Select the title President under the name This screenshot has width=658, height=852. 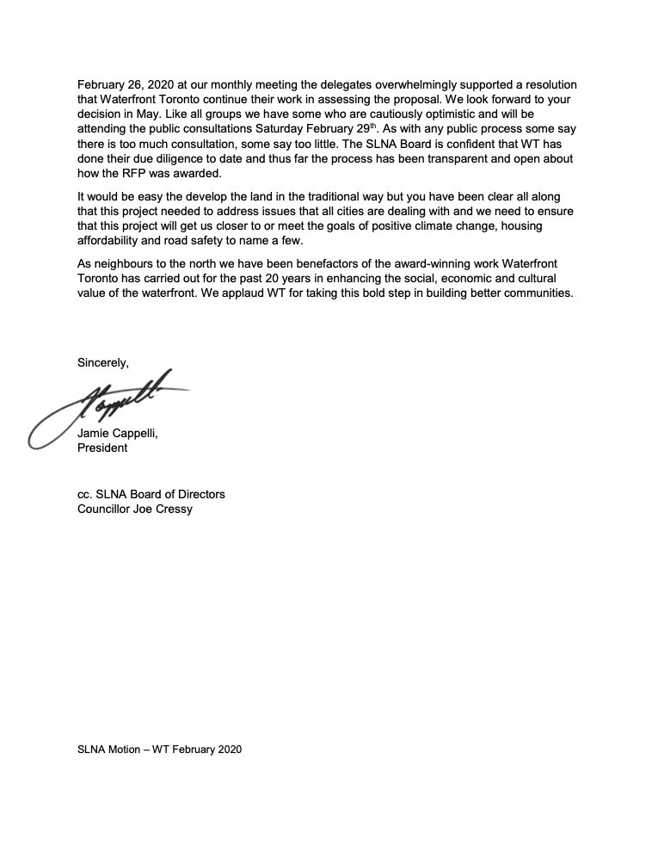(x=102, y=448)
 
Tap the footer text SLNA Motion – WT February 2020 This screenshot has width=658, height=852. (x=160, y=750)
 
